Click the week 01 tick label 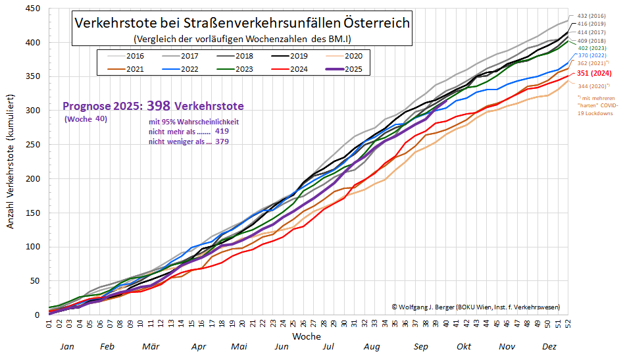tap(49, 324)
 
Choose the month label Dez tap(550, 346)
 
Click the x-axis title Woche tap(307, 336)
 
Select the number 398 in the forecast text tap(158, 105)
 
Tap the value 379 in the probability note tap(221, 141)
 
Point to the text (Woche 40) tap(86, 119)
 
